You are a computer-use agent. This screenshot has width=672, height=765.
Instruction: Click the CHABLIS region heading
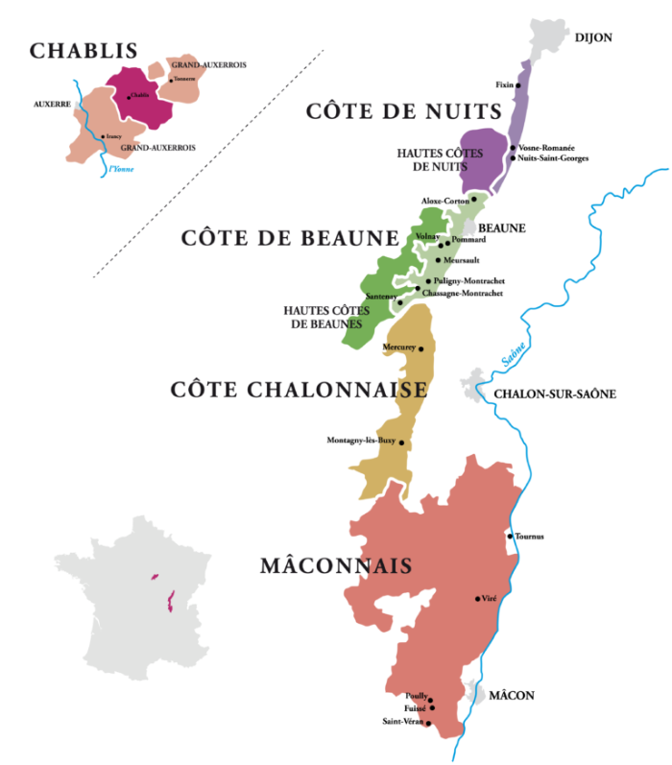tap(84, 51)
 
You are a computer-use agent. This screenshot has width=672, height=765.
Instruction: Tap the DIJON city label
tap(592, 37)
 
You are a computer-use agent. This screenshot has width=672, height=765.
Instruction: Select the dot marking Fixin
tap(518, 85)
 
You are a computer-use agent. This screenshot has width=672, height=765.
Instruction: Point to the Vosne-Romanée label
tap(546, 148)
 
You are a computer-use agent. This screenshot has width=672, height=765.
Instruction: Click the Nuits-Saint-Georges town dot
tap(513, 157)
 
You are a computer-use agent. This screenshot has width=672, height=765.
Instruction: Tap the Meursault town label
tap(462, 260)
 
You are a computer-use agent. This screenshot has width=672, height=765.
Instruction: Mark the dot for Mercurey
tap(420, 349)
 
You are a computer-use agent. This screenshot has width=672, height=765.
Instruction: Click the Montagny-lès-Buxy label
tap(361, 441)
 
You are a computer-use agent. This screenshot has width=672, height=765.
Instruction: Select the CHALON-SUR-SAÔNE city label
tap(554, 394)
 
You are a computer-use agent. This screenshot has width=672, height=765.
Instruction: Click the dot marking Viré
tap(477, 599)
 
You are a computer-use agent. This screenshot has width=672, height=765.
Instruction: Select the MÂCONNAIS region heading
tap(335, 566)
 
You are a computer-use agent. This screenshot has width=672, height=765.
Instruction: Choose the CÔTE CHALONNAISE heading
tap(299, 389)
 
